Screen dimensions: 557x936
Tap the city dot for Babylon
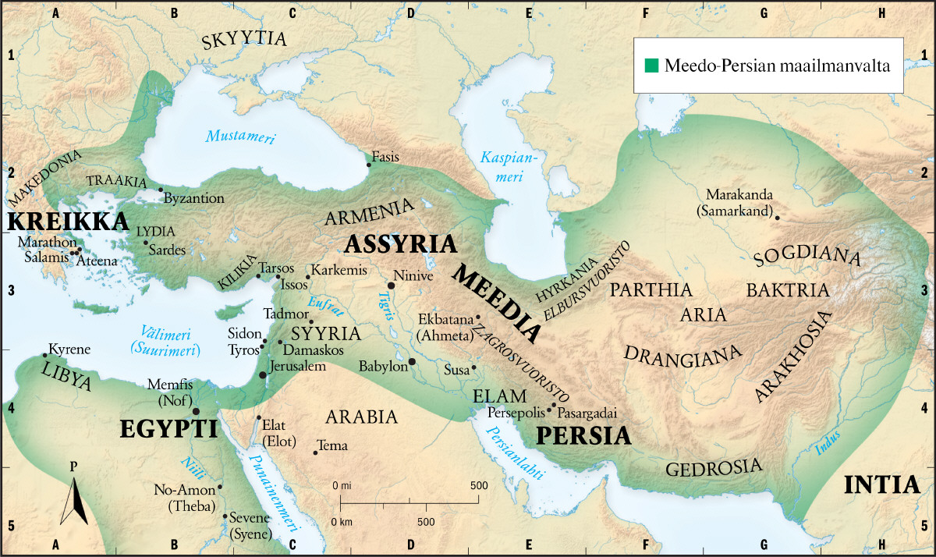pyautogui.click(x=412, y=362)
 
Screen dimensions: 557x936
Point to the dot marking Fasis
pyautogui.click(x=369, y=165)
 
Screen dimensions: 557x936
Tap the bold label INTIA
pyautogui.click(x=881, y=484)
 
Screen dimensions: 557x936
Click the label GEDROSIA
pyautogui.click(x=713, y=468)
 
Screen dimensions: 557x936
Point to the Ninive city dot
pyautogui.click(x=392, y=286)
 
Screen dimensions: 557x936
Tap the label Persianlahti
pyautogui.click(x=515, y=456)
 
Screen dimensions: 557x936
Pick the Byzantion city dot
pyautogui.click(x=161, y=190)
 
